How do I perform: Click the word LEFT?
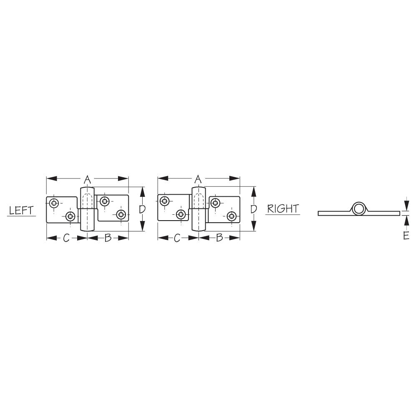(21, 210)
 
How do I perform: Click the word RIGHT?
(283, 208)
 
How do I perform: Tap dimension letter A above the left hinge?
(87, 180)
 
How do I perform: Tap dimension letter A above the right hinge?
(198, 179)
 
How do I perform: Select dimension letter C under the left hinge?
(66, 238)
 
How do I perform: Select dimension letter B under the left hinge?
(108, 238)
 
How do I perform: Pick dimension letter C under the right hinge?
(177, 238)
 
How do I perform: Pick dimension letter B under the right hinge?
(219, 238)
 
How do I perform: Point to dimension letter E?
(406, 236)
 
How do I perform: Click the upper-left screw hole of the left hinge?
(54, 203)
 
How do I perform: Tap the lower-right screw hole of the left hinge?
(121, 215)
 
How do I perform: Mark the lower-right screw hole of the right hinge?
(231, 216)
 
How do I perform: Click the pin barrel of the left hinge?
(87, 209)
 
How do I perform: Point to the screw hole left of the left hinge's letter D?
(121, 215)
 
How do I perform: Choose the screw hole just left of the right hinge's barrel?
(181, 214)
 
